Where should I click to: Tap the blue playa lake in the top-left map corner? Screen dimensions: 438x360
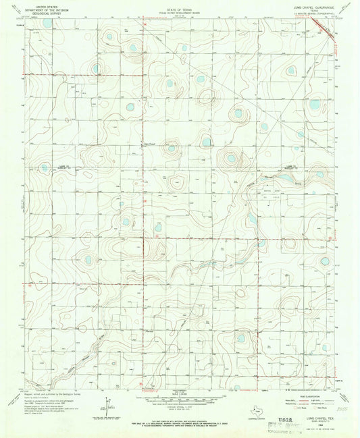point(47,23)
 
